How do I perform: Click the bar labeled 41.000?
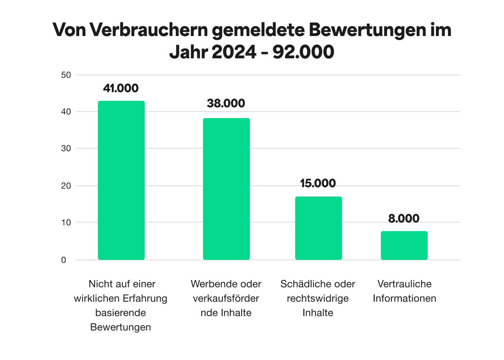(121, 180)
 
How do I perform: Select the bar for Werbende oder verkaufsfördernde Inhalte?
(226, 189)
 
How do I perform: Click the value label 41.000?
(121, 88)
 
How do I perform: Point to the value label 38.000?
(226, 103)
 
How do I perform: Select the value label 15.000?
(318, 183)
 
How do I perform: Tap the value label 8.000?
(404, 219)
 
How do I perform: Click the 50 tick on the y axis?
(66, 75)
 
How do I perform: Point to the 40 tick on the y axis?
(66, 112)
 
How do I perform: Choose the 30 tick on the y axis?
(66, 148)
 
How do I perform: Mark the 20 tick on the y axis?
(66, 186)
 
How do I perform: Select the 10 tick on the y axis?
(66, 222)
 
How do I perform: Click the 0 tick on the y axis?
(64, 260)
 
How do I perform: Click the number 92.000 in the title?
(303, 52)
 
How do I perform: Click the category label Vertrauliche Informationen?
(404, 291)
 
